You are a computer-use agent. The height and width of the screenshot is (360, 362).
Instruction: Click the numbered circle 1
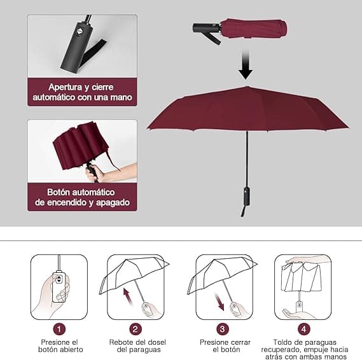point(59,329)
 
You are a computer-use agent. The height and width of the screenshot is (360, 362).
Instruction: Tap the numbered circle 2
point(135,329)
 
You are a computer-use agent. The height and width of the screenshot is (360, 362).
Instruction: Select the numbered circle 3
point(222,329)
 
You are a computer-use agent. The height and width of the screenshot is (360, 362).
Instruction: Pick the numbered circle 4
point(303,329)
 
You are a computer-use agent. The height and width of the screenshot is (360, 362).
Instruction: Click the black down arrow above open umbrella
point(246,64)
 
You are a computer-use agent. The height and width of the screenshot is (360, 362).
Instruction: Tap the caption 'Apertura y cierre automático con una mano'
point(82,92)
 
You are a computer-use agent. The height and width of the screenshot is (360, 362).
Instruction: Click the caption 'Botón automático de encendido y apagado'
point(82,197)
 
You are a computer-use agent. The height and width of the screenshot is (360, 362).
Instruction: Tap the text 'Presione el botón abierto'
point(59,345)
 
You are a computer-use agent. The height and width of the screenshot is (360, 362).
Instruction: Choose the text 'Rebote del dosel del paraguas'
point(136,345)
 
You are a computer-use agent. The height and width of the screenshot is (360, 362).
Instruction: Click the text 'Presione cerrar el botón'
point(222,345)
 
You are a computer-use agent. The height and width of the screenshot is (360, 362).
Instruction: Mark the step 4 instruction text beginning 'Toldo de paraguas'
point(303,350)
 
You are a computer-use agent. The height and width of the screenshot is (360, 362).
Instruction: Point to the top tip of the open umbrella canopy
point(246,87)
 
